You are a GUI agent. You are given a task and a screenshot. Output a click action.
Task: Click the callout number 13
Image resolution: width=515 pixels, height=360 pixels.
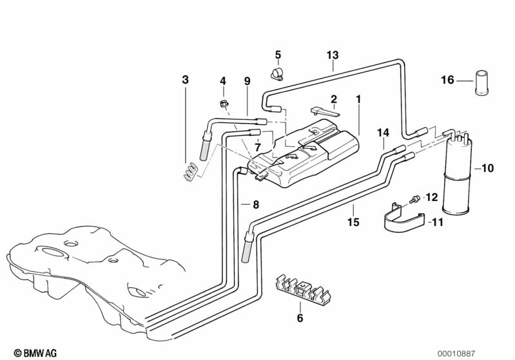coord(332,56)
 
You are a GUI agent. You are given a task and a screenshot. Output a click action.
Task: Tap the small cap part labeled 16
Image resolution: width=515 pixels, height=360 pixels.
coord(481,82)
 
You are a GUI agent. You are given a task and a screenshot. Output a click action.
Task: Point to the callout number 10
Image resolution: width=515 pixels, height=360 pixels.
coord(487,169)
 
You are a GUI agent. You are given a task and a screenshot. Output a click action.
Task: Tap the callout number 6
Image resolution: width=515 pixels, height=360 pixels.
coord(299,317)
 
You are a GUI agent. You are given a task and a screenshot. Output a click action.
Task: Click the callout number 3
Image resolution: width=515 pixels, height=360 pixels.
coord(186,80)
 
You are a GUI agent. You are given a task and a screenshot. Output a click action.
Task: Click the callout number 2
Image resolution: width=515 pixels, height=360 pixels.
coord(334,99)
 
